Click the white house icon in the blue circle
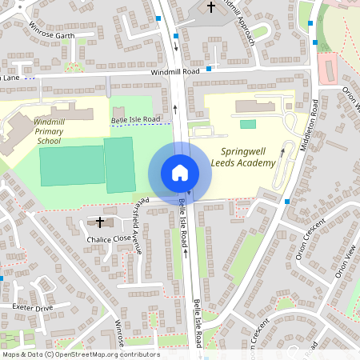[x=180, y=172]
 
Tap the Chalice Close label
[x=109, y=238]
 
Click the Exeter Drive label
[x=32, y=306]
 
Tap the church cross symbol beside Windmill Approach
[x=211, y=7]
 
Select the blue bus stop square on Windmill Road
[x=209, y=69]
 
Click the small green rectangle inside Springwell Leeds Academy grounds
[x=248, y=124]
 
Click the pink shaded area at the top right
[x=326, y=68]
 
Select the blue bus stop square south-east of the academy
[x=286, y=202]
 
